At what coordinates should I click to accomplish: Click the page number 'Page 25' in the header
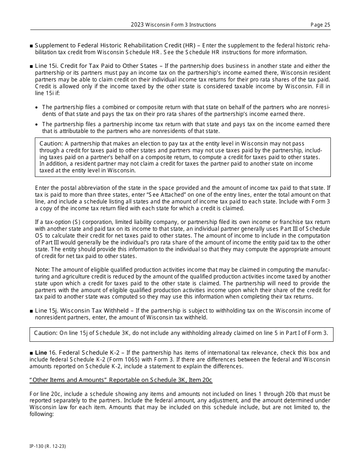(x=320, y=25)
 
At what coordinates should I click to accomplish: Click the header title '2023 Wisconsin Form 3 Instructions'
(x=174, y=25)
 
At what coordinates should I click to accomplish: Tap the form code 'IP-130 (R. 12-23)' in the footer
(x=48, y=446)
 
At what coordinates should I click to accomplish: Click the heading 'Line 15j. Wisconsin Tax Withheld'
(x=81, y=311)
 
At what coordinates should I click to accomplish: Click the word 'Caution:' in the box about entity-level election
(x=51, y=144)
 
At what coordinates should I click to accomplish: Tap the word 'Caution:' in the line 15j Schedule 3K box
(x=45, y=333)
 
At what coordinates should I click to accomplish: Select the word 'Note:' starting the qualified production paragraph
(x=42, y=270)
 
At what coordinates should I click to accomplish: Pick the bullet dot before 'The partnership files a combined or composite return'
(x=36, y=108)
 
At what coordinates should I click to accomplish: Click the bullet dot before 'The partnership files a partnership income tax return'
(x=36, y=125)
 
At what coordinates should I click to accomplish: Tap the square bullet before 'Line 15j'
(x=31, y=311)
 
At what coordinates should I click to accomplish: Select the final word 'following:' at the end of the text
(x=42, y=414)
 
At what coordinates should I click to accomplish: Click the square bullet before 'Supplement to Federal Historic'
(x=31, y=46)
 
